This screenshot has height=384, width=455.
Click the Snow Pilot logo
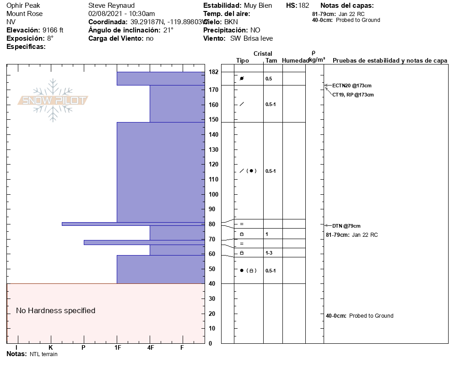[x=53, y=100]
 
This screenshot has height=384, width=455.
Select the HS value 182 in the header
[x=303, y=5]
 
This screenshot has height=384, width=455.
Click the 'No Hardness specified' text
[x=56, y=311]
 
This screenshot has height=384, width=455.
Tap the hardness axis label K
[x=50, y=348]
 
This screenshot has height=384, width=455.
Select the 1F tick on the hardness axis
[x=117, y=348]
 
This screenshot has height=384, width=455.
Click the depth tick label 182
[x=213, y=72]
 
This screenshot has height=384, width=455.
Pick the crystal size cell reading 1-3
[x=269, y=253]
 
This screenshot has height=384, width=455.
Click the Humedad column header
[x=295, y=61]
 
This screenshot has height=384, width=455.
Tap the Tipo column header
[x=243, y=61]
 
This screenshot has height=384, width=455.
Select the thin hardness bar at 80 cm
[x=133, y=224]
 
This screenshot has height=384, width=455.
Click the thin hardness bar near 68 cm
[x=144, y=242]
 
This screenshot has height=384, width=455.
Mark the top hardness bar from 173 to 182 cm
[x=161, y=79]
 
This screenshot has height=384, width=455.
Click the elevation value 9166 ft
[x=53, y=30]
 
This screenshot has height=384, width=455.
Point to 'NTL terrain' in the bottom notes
[x=43, y=354]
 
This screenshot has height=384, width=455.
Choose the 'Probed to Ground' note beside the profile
[x=371, y=316]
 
